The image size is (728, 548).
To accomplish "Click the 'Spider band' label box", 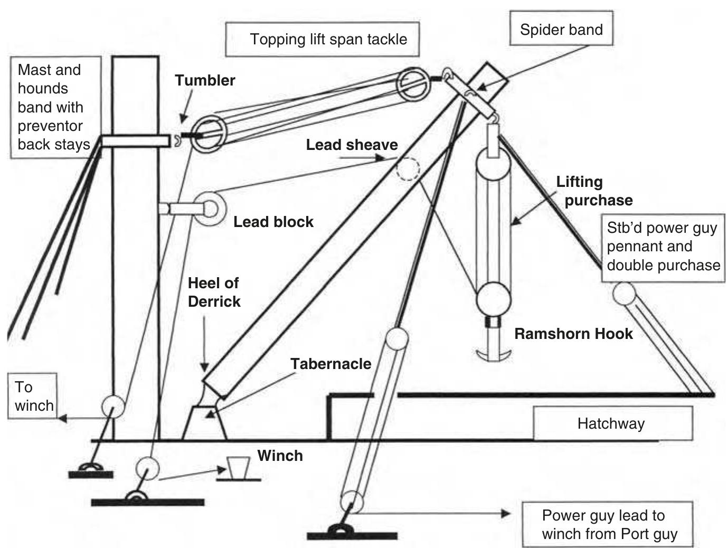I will [561, 29].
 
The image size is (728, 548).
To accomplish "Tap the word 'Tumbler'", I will [205, 80].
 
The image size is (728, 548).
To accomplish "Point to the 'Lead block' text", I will [273, 222].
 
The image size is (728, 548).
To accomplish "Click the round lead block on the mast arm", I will [209, 209].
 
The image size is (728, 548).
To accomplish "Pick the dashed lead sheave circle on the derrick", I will [407, 169].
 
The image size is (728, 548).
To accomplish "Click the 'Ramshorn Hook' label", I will [573, 334].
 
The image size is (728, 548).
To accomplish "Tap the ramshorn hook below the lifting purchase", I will [494, 353].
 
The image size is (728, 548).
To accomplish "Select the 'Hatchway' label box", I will [612, 423].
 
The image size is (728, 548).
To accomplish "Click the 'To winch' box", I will [32, 396].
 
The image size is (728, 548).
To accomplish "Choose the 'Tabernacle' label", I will [330, 364].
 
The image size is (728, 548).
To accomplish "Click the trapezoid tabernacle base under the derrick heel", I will [205, 423].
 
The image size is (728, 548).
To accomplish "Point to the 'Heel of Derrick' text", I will [214, 292].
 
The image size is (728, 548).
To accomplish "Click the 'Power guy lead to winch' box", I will [607, 524].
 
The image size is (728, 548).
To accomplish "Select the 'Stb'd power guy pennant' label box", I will [663, 247].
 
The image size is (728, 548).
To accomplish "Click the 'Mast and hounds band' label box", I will [54, 107].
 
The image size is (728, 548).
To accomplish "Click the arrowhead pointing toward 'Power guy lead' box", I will [506, 513].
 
